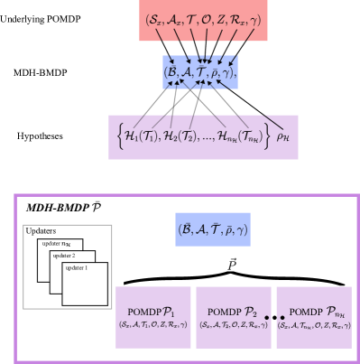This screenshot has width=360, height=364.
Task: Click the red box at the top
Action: click(205, 21)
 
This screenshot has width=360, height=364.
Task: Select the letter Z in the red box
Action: click(219, 20)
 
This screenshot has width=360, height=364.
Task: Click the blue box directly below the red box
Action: click(200, 72)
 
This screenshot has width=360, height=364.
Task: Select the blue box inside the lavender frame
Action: click(213, 229)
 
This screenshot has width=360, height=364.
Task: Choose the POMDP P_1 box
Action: click(152, 317)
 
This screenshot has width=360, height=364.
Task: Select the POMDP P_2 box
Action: click(233, 317)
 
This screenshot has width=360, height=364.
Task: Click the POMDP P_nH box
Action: click(313, 317)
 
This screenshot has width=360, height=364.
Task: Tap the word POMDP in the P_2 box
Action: click(222, 311)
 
